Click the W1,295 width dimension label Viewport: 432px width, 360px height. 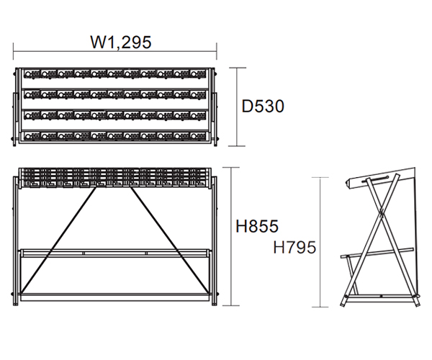click(x=121, y=42)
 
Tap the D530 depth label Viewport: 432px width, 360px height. click(x=263, y=107)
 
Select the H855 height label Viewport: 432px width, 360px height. click(x=257, y=226)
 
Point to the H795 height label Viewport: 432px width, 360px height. click(x=294, y=247)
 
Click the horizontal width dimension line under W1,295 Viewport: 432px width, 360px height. click(x=115, y=51)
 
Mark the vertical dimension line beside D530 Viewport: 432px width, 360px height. click(x=237, y=107)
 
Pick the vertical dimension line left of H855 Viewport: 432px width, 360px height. click(x=231, y=236)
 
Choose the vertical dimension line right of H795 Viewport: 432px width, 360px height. click(x=320, y=242)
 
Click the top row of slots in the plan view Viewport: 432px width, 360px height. click(x=115, y=74)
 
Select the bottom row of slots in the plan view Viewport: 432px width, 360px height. click(x=115, y=136)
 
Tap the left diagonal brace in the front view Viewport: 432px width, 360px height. click(x=58, y=240)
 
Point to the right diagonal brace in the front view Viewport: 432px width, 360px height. click(x=169, y=240)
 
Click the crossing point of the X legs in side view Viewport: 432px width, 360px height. click(x=382, y=212)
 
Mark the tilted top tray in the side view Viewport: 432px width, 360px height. click(x=380, y=179)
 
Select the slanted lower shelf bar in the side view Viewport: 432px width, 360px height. click(x=377, y=253)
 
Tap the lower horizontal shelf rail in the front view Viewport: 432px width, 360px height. click(x=115, y=253)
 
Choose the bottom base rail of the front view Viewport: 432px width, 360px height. click(x=115, y=297)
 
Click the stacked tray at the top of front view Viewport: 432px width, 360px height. click(x=115, y=178)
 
